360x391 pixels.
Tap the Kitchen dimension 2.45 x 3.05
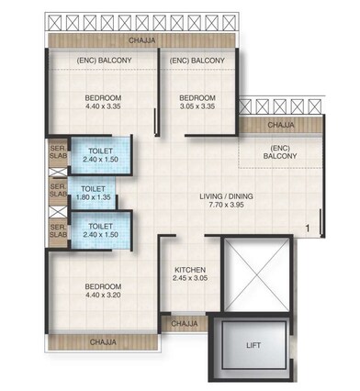193,280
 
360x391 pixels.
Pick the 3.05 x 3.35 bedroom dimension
197,106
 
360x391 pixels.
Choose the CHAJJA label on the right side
281,124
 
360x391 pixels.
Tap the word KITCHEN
193,270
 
